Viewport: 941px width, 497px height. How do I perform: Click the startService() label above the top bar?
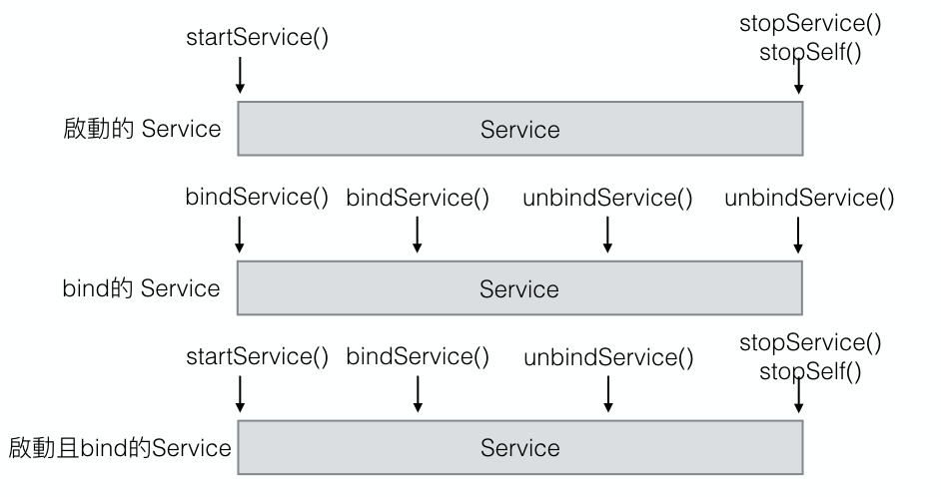pyautogui.click(x=258, y=38)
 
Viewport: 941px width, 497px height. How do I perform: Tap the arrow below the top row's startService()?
pyautogui.click(x=240, y=75)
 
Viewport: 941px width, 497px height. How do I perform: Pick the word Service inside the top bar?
pyautogui.click(x=519, y=130)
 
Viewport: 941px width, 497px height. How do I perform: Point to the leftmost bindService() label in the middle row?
pyautogui.click(x=257, y=197)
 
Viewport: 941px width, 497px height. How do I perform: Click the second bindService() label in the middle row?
pyautogui.click(x=418, y=197)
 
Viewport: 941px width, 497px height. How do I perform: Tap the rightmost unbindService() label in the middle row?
pyautogui.click(x=809, y=197)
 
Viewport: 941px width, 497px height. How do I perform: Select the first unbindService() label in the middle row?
pyautogui.click(x=607, y=197)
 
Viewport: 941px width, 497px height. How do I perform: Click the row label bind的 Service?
pyautogui.click(x=141, y=288)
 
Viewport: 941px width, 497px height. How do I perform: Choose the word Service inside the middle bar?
pyautogui.click(x=519, y=289)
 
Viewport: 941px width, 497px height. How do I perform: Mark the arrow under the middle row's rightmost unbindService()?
pyautogui.click(x=799, y=235)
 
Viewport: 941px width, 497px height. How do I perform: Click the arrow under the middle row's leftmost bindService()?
pyautogui.click(x=240, y=235)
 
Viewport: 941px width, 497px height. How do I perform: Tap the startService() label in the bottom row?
pyautogui.click(x=258, y=357)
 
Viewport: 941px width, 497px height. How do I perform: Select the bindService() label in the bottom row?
pyautogui.click(x=418, y=357)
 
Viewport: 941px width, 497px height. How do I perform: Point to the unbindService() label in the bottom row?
pyautogui.click(x=607, y=357)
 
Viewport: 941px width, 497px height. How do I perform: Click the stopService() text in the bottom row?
pyautogui.click(x=810, y=344)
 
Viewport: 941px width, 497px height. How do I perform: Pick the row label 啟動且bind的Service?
pyautogui.click(x=120, y=447)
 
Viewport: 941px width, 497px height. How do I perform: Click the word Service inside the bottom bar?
pyautogui.click(x=519, y=448)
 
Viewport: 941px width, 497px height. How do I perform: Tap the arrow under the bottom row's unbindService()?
pyautogui.click(x=607, y=394)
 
